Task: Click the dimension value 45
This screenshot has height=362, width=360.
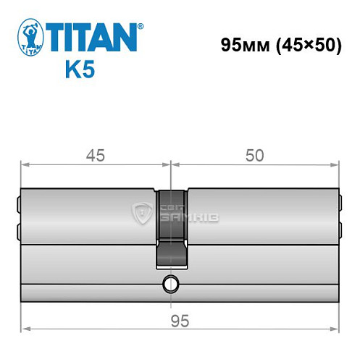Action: pyautogui.click(x=96, y=155)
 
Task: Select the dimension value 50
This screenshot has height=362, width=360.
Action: pyautogui.click(x=254, y=155)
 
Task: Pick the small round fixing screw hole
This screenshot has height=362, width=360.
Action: pyautogui.click(x=171, y=283)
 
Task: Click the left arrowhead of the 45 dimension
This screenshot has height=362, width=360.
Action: pyautogui.click(x=23, y=165)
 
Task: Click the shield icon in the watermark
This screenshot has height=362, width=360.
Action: pyautogui.click(x=142, y=212)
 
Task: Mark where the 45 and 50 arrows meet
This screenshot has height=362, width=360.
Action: pyautogui.click(x=171, y=165)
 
